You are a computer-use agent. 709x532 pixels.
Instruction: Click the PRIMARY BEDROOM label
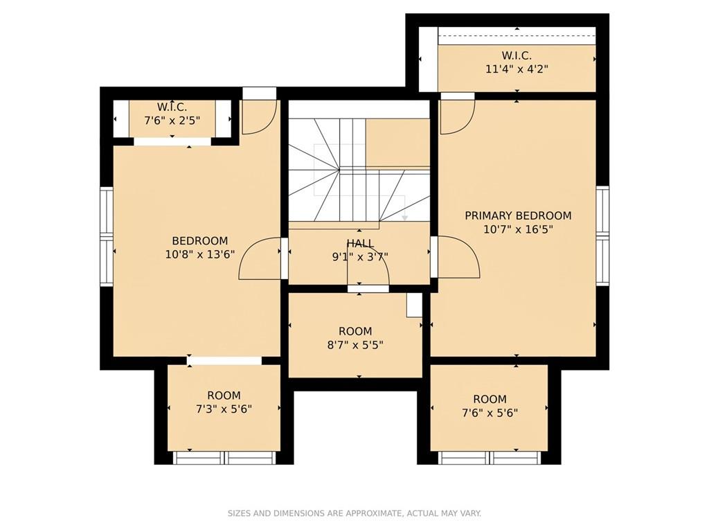coord(518,216)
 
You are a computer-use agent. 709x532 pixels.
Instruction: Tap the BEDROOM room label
coord(200,240)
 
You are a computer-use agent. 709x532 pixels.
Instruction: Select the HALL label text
coord(360,244)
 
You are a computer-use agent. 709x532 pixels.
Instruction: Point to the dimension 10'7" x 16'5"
coord(518,229)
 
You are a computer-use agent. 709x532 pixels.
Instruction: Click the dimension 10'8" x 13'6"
coord(200,254)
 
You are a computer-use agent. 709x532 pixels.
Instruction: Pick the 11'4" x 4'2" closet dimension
coord(517,69)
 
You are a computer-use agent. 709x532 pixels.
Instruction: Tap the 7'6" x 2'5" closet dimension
coord(172,121)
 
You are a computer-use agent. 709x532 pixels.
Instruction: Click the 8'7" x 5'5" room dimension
coord(355,345)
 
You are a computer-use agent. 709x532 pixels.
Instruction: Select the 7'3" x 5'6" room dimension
coord(224,409)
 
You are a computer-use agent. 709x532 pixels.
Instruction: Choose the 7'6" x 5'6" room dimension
coord(490,413)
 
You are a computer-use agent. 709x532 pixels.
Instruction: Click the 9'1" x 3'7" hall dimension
coord(360,257)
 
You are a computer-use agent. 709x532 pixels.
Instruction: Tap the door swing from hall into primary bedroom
coord(470,248)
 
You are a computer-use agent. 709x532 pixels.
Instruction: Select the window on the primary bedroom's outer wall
coord(603,236)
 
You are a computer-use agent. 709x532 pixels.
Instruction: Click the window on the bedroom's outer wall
coord(106,236)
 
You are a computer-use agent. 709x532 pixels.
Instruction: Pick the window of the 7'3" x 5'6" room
coord(224,458)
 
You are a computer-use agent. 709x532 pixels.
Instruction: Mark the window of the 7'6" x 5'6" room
coord(490,458)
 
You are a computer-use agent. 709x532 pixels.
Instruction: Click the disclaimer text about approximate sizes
coord(354,513)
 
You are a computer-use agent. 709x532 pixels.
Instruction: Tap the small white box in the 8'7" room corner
coord(414,305)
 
